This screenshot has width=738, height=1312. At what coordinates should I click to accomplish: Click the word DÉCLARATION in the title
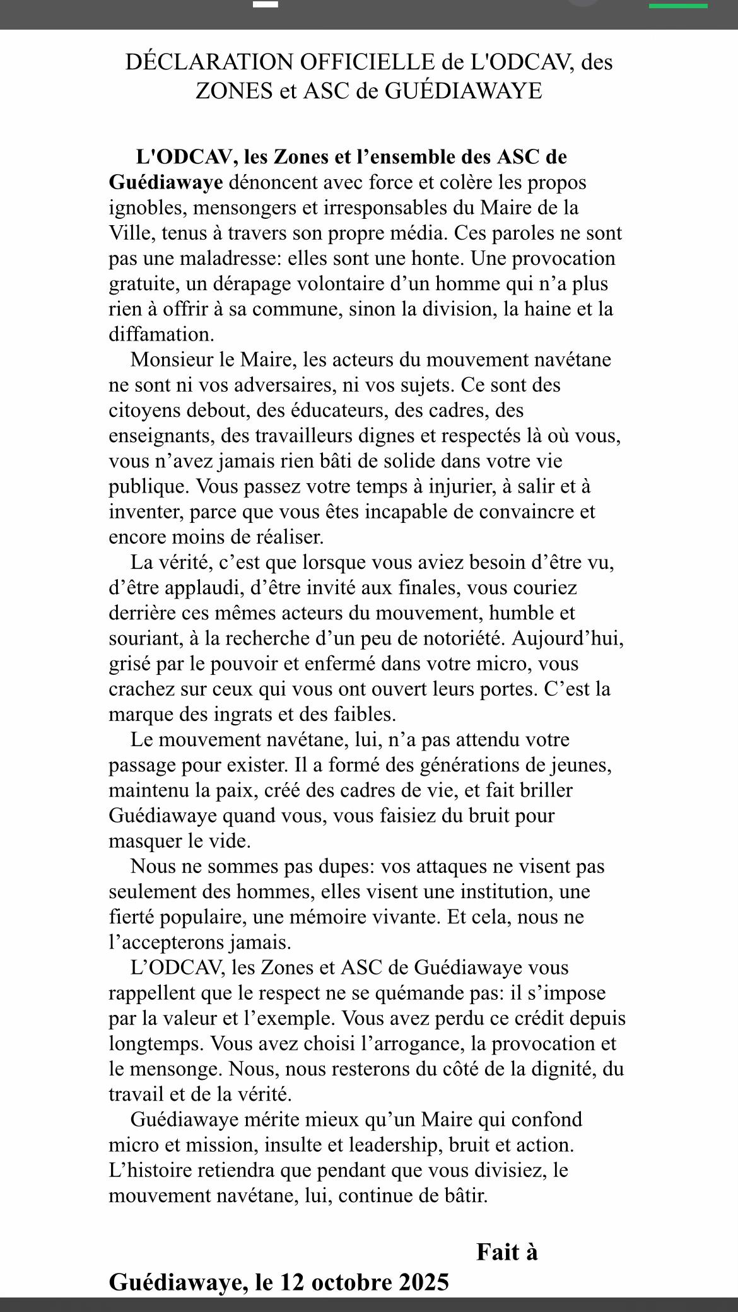[209, 62]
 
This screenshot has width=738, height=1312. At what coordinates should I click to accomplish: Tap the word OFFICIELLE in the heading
[367, 62]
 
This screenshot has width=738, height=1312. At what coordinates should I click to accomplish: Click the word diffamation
[161, 334]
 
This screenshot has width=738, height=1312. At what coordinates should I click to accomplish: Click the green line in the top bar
[678, 6]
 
